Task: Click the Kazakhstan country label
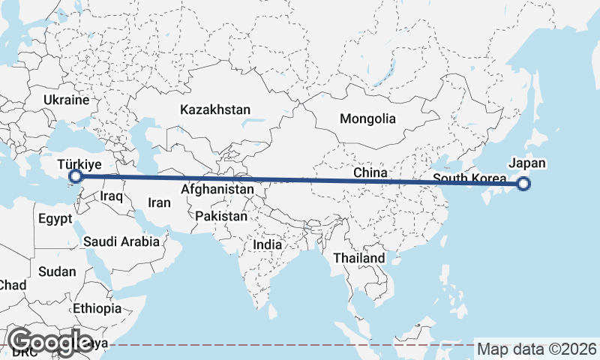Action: [214, 109]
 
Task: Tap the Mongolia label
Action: [367, 118]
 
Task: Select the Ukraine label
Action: [66, 100]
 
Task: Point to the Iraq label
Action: [111, 196]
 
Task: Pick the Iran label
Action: [159, 202]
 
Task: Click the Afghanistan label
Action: [217, 190]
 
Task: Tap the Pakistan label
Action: [221, 217]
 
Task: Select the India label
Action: [268, 244]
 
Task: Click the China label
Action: [370, 173]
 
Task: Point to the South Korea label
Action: [469, 178]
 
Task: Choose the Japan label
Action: [527, 163]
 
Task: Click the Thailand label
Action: [359, 258]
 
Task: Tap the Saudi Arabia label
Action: [121, 241]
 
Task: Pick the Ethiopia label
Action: [97, 308]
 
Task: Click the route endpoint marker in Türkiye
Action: [75, 177]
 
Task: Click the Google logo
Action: [52, 342]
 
